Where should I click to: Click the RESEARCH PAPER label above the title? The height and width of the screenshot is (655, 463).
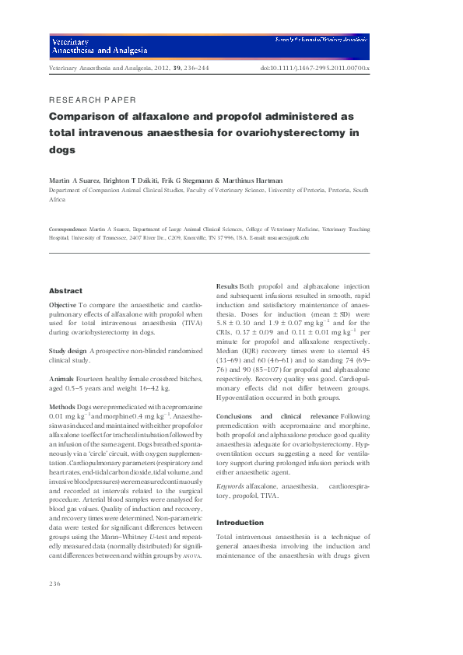(93, 100)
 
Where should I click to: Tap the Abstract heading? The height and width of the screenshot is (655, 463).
(65, 290)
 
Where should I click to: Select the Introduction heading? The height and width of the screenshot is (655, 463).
(239, 522)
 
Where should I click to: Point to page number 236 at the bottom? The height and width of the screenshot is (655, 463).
(54, 583)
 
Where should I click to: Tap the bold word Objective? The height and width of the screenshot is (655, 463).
(62, 306)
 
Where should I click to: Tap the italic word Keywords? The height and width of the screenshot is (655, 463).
(230, 486)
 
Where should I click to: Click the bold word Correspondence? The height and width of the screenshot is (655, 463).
(68, 230)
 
